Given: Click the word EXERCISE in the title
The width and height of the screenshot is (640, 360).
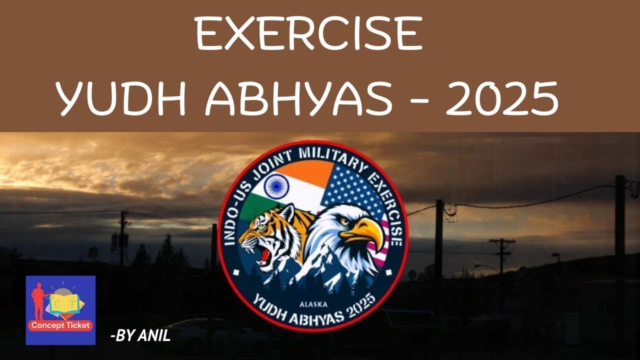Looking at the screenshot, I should point(309,33).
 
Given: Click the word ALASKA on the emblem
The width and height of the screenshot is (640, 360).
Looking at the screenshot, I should point(312,303).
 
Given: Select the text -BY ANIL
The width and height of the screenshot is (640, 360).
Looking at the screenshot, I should point(140,336).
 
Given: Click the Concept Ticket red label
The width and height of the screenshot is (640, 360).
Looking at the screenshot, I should point(60,325).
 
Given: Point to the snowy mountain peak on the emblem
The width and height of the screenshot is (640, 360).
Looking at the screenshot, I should point(320,260).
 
